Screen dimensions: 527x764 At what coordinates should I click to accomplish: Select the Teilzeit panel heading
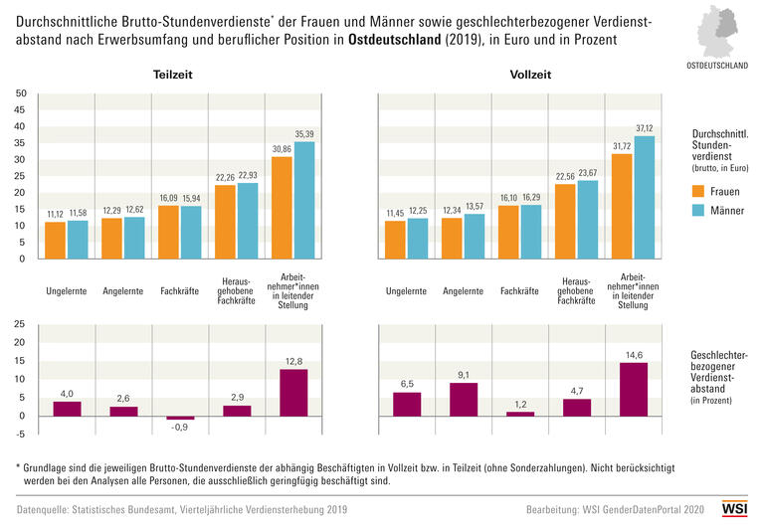point(173,75)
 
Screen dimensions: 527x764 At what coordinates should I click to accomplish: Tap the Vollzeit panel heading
point(529,75)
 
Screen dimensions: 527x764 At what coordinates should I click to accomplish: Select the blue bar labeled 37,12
point(643,197)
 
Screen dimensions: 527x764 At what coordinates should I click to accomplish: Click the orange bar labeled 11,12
point(56,240)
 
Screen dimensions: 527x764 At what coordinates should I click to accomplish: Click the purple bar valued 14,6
point(633,389)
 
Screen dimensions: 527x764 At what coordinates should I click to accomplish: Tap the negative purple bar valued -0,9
point(180,418)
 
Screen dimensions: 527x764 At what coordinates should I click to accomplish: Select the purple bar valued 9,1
point(463,399)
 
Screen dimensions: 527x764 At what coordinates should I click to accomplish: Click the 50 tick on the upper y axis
point(20,94)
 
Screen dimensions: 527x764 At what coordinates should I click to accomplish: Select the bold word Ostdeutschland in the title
point(393,40)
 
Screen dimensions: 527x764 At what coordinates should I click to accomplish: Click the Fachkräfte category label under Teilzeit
point(180,291)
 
